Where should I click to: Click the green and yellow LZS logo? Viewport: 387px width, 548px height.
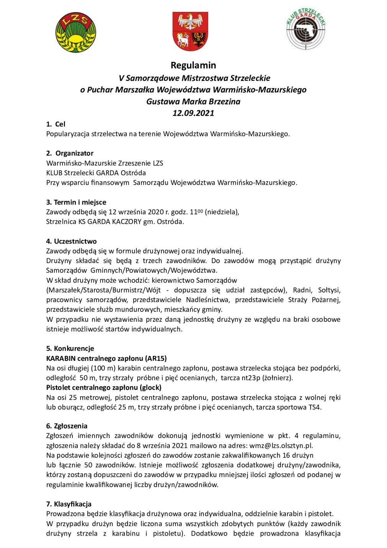[x=75, y=32]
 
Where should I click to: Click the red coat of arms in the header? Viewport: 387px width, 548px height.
[x=190, y=31]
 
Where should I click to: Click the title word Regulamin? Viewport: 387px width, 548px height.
[x=193, y=65]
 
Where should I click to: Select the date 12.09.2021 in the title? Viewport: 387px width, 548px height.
[x=193, y=113]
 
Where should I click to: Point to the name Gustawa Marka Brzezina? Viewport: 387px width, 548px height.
[x=193, y=102]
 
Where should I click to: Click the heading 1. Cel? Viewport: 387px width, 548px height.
[x=56, y=124]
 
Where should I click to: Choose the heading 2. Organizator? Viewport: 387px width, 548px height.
[x=70, y=153]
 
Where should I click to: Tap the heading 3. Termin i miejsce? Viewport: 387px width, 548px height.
[x=76, y=202]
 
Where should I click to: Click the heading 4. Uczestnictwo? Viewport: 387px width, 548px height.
[x=71, y=241]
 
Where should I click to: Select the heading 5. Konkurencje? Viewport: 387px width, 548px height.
[x=70, y=349]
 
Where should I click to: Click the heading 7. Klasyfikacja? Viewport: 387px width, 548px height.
[x=69, y=504]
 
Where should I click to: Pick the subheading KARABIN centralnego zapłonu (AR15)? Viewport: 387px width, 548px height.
[x=107, y=359]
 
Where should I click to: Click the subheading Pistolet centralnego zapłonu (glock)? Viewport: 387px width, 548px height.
[x=104, y=388]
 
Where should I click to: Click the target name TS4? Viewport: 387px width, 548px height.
[x=315, y=407]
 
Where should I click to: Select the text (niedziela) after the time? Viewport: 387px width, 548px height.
[x=222, y=212]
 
